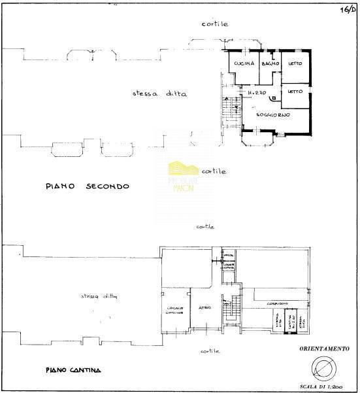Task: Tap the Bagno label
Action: click(x=270, y=63)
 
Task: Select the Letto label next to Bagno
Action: click(x=295, y=63)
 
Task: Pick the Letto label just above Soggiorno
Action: click(x=295, y=91)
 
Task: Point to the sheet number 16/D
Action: click(x=346, y=9)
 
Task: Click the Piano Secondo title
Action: click(x=88, y=186)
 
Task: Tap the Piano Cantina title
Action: click(x=73, y=371)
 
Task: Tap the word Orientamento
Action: click(x=325, y=349)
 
